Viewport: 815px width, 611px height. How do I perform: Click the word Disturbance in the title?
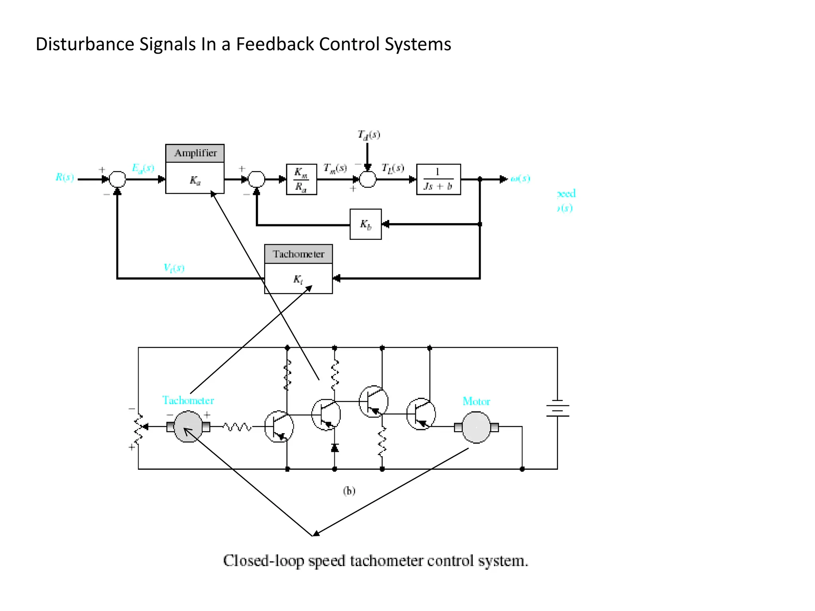(x=86, y=44)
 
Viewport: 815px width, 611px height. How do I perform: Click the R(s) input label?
(x=64, y=177)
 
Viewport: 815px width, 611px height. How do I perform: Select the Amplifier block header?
(x=195, y=153)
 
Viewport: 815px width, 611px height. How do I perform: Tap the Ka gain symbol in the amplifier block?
(x=195, y=181)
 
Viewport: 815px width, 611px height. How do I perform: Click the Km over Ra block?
(x=301, y=179)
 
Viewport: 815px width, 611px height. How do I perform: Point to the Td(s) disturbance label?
(x=369, y=135)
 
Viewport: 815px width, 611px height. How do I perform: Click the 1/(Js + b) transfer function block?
(x=438, y=179)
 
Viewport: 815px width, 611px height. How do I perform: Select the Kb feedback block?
(x=365, y=224)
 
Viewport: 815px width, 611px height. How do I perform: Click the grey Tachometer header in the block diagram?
(x=298, y=254)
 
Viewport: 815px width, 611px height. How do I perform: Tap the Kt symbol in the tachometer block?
(x=298, y=279)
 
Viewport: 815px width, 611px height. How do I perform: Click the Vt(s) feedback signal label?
(x=174, y=268)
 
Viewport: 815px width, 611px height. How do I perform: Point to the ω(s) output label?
(x=520, y=178)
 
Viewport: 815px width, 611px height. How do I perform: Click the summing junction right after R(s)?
(x=117, y=179)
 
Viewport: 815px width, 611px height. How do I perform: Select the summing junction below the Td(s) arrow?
(x=368, y=179)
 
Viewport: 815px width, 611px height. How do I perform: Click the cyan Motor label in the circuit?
(x=476, y=401)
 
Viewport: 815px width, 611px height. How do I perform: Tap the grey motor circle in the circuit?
(x=476, y=427)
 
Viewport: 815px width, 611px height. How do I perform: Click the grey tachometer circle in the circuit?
(x=188, y=427)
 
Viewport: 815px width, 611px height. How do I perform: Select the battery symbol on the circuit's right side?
(x=557, y=408)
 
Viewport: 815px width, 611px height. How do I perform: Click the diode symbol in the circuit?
(x=335, y=448)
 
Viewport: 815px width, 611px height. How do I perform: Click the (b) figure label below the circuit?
(x=349, y=491)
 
